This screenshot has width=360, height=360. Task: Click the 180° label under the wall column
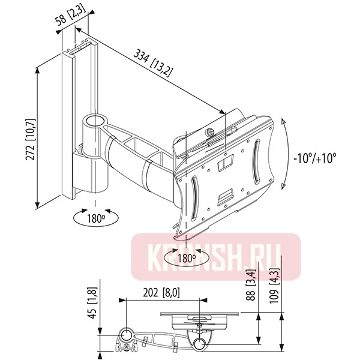[x=95, y=218]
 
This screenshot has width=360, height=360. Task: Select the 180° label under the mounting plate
[x=187, y=259]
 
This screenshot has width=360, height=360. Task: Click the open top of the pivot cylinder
[x=94, y=119]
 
